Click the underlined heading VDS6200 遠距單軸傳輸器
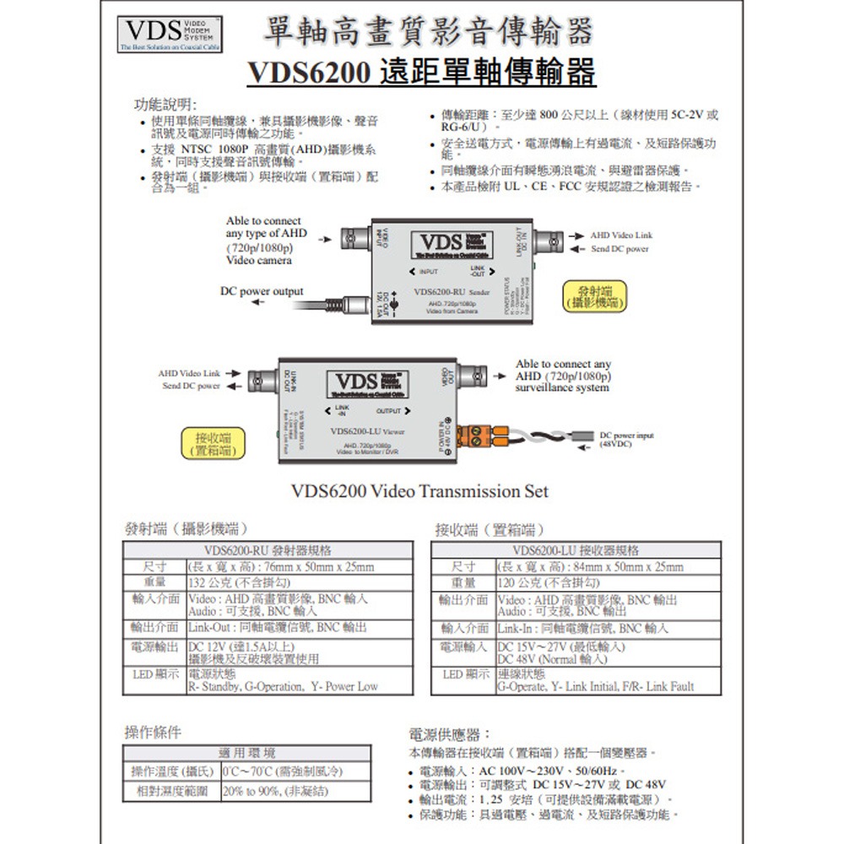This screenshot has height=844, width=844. coord(421,73)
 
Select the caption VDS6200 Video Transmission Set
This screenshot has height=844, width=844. coord(419,490)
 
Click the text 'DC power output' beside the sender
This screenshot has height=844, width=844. coord(262,291)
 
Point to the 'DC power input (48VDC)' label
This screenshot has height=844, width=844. coord(626,440)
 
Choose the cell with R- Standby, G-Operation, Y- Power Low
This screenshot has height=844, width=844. coord(283,687)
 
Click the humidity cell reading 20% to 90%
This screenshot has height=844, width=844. coord(275,792)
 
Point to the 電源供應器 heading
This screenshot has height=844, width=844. coord(445,734)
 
